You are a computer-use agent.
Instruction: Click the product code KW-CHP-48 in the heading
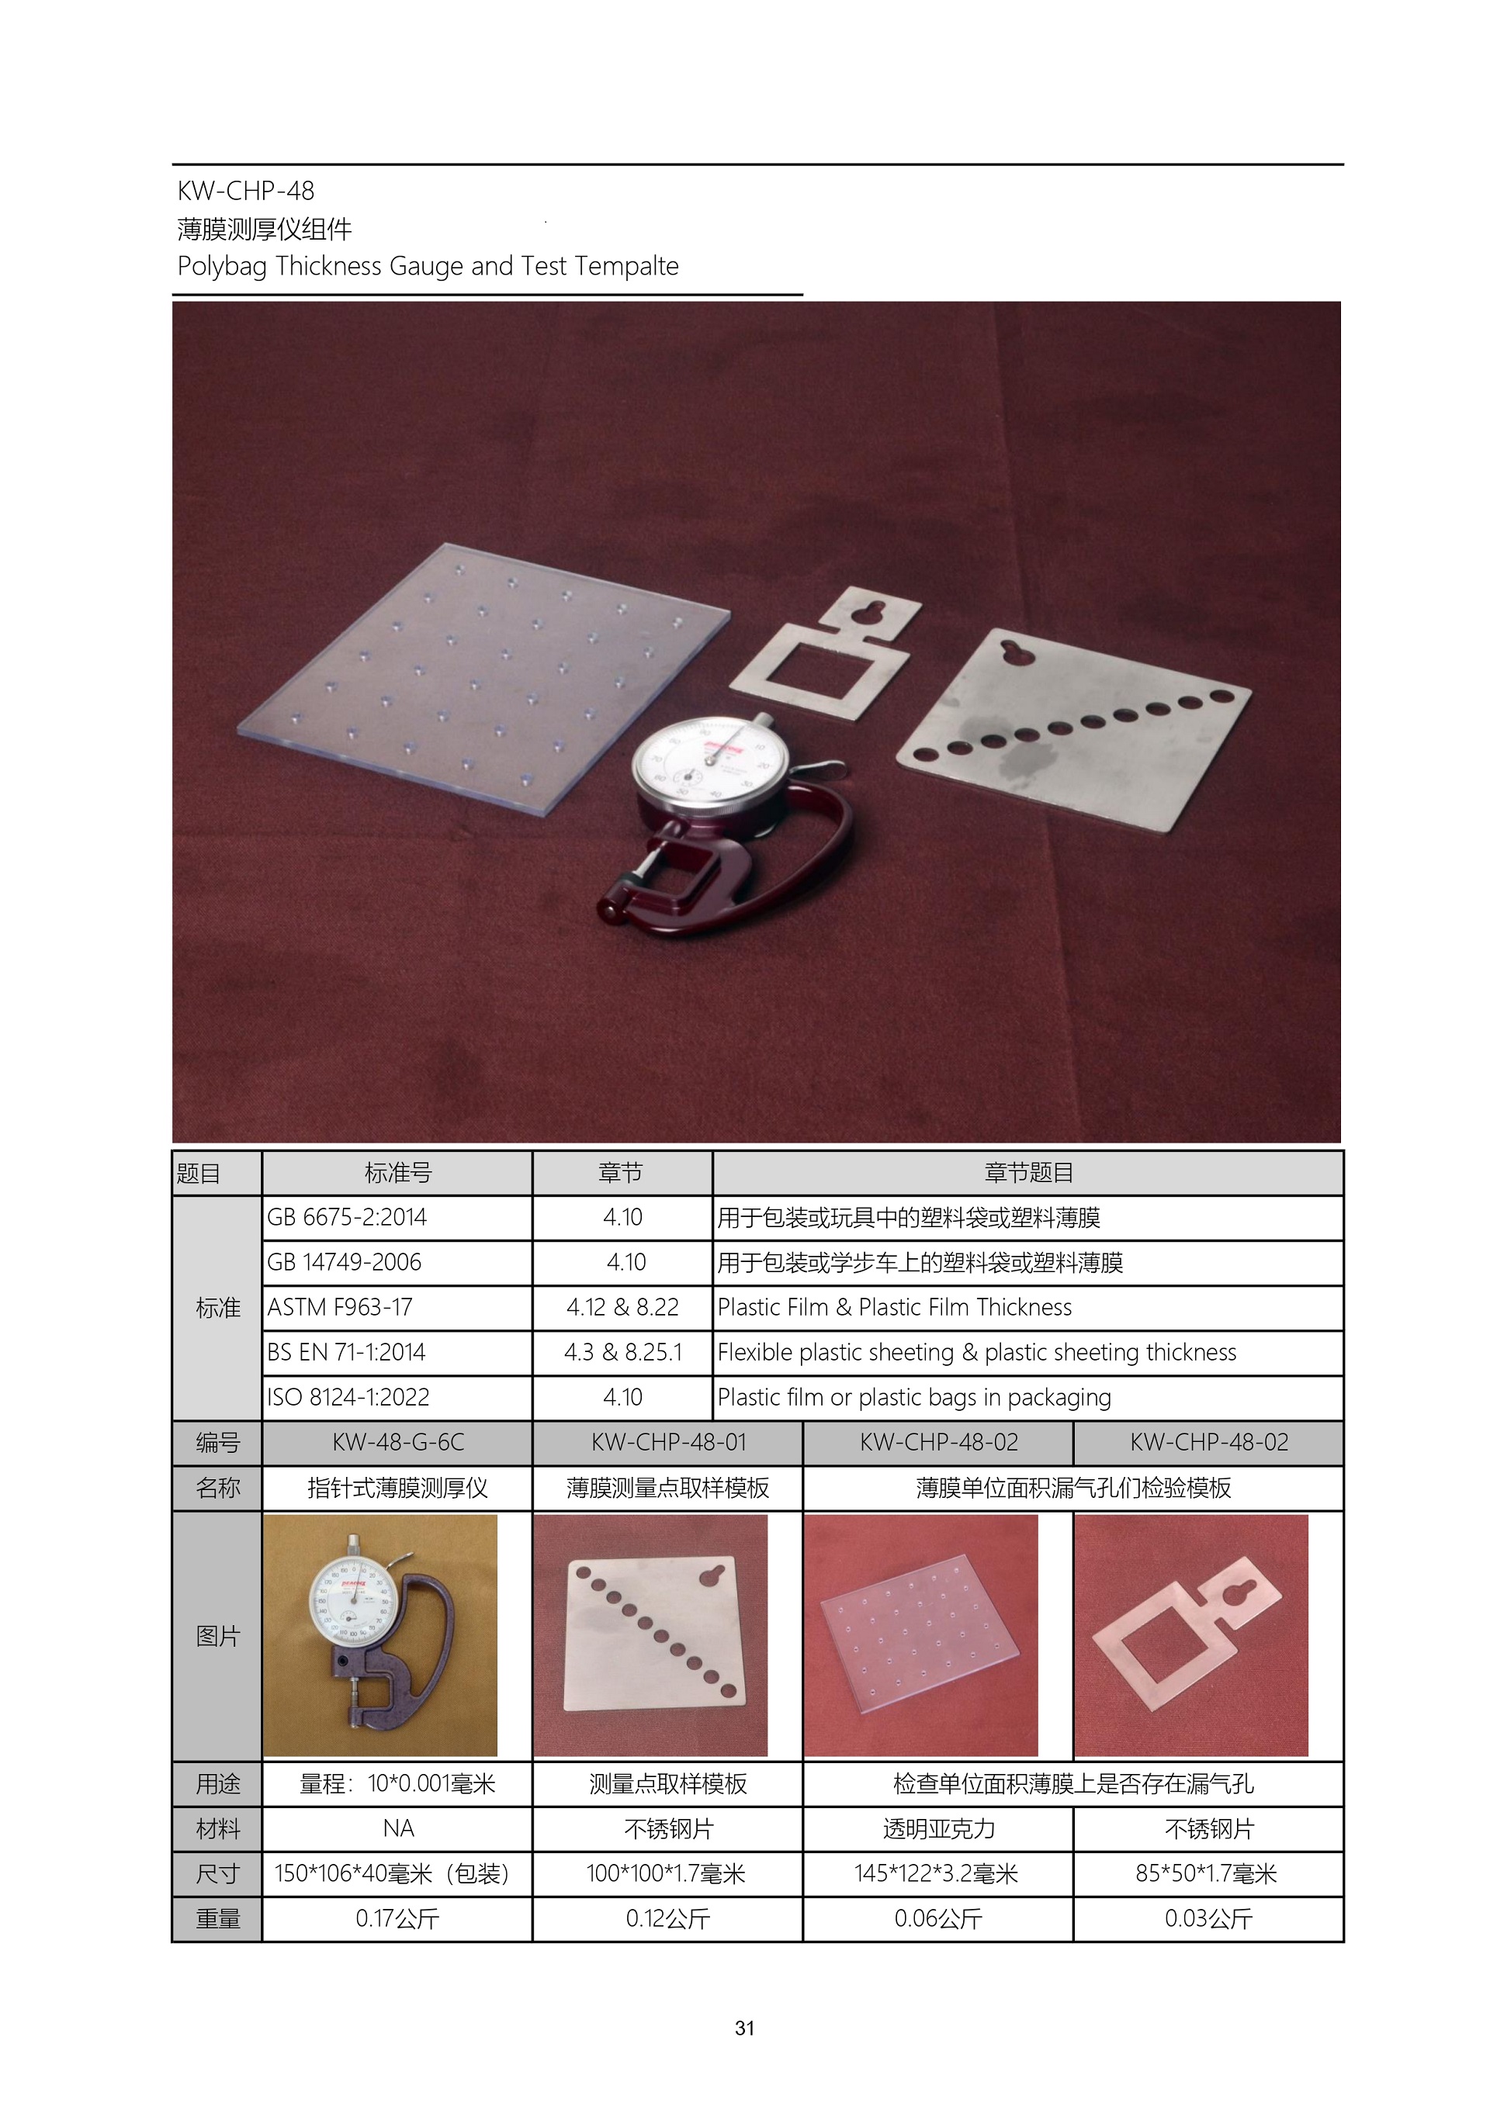point(246,191)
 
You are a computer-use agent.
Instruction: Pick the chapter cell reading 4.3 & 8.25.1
point(623,1352)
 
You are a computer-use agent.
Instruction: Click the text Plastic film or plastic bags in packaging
point(914,1397)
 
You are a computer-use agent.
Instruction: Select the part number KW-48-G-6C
point(398,1442)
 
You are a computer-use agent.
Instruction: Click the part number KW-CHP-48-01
point(668,1442)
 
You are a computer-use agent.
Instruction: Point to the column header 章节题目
point(1028,1172)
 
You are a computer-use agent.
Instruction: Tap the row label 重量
point(217,1919)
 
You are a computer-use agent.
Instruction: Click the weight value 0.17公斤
point(397,1919)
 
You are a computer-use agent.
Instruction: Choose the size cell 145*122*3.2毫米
point(937,1874)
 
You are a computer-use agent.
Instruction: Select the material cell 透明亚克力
point(938,1829)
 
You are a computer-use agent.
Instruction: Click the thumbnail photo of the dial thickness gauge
point(379,1635)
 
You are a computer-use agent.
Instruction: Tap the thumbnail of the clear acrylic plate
point(921,1635)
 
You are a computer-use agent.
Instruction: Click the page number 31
point(745,2028)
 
